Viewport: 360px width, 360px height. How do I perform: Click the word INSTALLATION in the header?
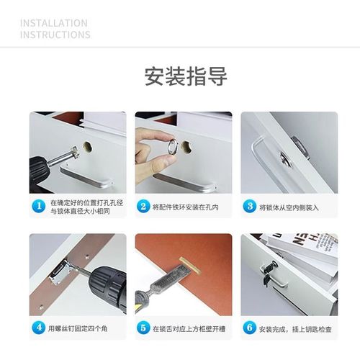coord(54,23)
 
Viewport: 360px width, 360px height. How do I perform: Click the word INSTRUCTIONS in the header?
coord(55,35)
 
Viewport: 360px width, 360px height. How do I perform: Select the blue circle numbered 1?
coord(39,207)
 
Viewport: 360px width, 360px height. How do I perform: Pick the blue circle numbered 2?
coord(144,207)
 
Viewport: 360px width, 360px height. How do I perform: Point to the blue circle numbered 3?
coord(250,207)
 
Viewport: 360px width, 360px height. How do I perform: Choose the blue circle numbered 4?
coord(39,329)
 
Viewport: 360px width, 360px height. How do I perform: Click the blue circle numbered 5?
coord(144,329)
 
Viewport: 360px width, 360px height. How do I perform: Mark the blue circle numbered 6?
coord(250,329)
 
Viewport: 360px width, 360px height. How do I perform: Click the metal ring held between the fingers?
coord(172,148)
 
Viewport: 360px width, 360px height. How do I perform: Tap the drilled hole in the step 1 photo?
coord(87,146)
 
